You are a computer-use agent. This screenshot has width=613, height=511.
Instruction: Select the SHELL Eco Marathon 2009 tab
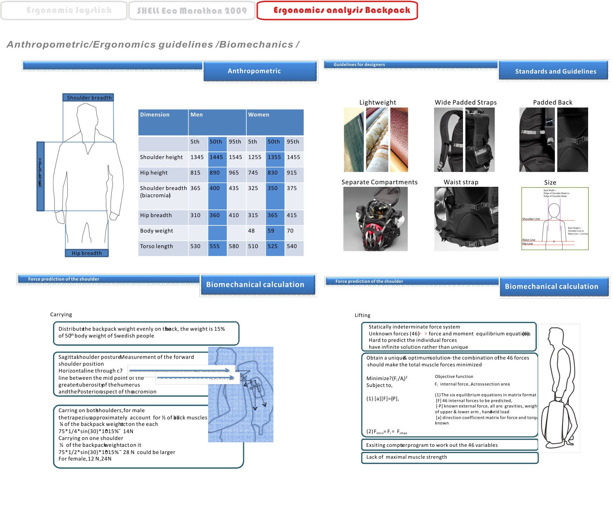[x=192, y=11]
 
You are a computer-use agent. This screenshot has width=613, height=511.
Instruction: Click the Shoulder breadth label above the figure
[x=89, y=98]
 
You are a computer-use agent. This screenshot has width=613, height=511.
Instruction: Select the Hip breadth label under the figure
[x=87, y=253]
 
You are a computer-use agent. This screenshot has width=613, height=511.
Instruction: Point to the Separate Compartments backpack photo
[x=375, y=219]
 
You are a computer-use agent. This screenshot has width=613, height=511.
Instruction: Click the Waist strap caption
[x=461, y=182]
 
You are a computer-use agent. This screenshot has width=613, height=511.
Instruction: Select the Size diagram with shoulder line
[x=555, y=219]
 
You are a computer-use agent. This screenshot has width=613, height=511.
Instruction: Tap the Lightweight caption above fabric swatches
[x=378, y=102]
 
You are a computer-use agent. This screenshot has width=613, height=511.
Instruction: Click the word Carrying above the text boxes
[x=61, y=314]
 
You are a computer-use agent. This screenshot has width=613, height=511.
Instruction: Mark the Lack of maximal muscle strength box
[x=449, y=457]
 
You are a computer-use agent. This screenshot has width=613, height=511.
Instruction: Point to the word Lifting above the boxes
[x=362, y=315]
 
